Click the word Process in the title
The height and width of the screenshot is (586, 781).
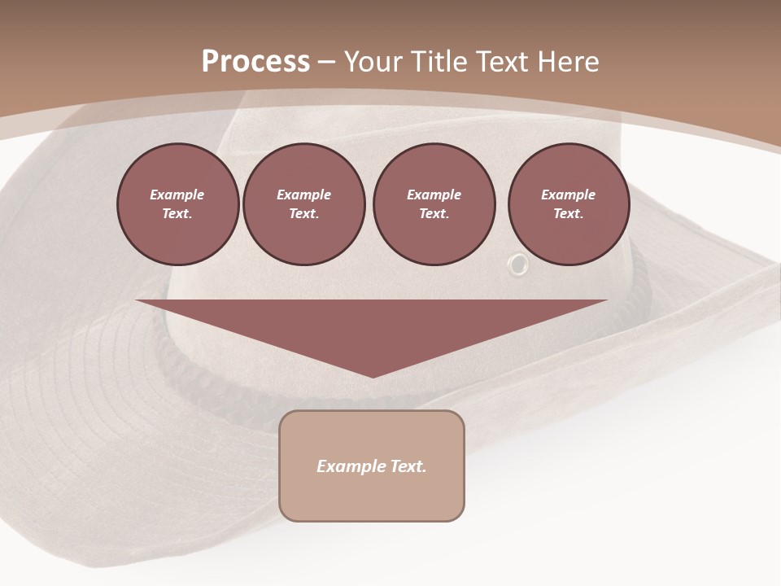255,62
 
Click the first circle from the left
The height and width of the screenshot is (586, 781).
177,204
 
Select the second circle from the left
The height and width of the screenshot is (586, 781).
303,204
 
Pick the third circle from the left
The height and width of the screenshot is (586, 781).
434,204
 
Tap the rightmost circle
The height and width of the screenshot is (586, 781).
568,204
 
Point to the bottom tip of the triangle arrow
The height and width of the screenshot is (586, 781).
372,375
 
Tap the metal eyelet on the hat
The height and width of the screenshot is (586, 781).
517,265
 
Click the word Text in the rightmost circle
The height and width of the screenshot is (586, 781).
567,214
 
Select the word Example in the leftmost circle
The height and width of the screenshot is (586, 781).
177,195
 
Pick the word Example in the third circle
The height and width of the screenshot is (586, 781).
434,195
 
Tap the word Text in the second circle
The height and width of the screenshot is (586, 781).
303,214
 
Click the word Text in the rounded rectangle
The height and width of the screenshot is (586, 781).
405,466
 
